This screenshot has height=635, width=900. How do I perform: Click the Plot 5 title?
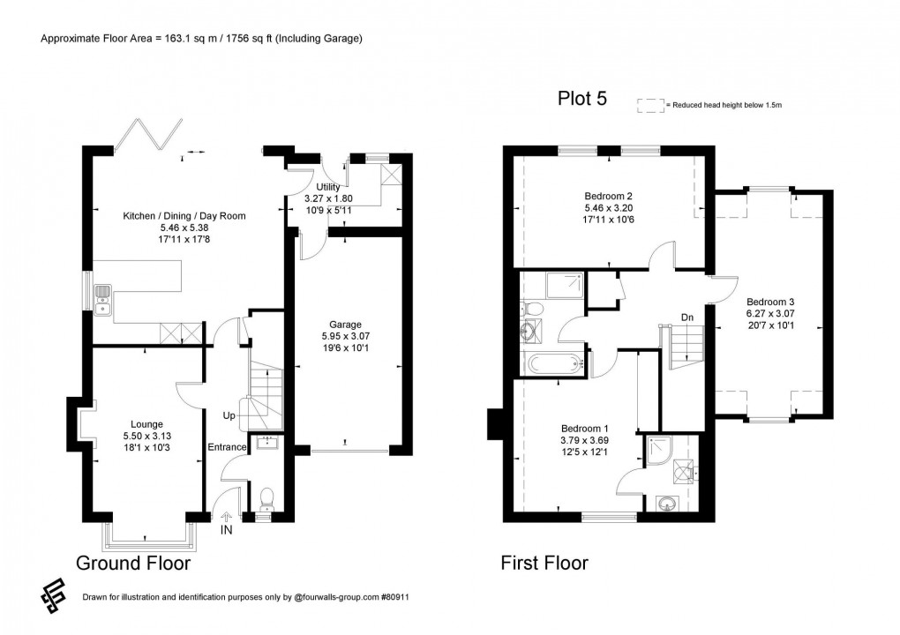pos(581,99)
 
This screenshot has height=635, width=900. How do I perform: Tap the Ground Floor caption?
pos(133,563)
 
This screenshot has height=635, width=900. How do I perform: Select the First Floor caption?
pos(544,563)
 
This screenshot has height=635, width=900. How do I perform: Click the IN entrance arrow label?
pos(227,531)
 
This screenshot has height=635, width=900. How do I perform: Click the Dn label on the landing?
pos(686,317)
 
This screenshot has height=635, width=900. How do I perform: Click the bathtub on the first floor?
pos(550,362)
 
